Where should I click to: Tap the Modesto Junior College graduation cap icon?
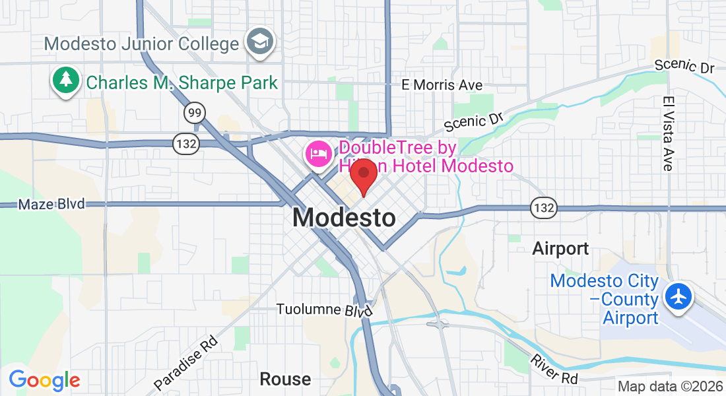point(259,42)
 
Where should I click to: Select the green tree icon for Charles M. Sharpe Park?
point(66,81)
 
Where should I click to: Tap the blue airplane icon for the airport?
point(678,296)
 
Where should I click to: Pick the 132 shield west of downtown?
point(185,143)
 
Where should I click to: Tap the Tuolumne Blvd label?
point(325,310)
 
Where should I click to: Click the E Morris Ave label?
point(442,85)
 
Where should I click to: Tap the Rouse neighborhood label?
point(285,379)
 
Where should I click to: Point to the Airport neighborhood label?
point(560,249)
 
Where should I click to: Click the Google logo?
point(44,380)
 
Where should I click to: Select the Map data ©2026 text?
point(669,386)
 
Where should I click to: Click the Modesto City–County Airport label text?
point(605,300)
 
